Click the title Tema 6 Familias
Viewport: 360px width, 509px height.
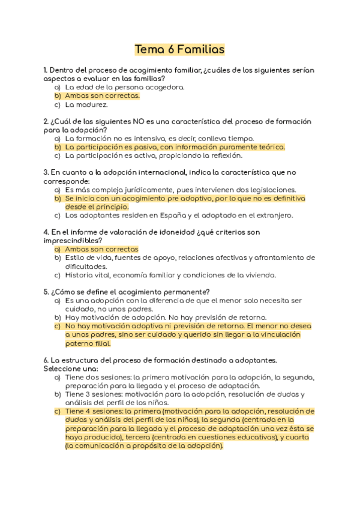click(x=179, y=49)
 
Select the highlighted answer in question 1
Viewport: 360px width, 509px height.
click(x=102, y=95)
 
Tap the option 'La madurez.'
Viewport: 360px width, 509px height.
click(x=86, y=104)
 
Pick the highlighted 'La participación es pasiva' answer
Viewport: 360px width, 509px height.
click(x=175, y=146)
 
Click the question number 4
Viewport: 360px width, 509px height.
click(x=46, y=232)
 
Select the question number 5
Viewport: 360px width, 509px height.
click(x=46, y=292)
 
